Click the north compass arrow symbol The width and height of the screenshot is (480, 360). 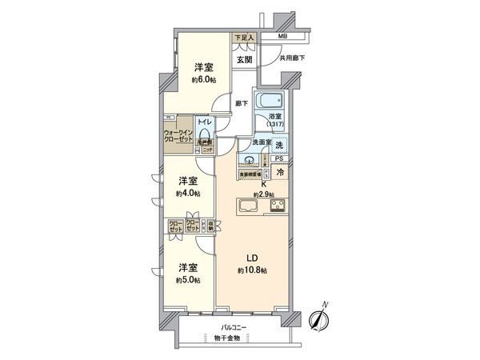point(320,318)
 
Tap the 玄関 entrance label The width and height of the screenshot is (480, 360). point(244,58)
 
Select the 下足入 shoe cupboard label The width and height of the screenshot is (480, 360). point(243,38)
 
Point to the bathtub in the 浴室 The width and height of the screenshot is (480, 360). point(270,103)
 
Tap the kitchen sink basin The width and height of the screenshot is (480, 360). point(247,206)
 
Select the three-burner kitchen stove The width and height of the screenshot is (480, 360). point(279,206)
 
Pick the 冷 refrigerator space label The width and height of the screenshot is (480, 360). point(281,172)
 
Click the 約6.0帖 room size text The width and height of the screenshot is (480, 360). point(202,80)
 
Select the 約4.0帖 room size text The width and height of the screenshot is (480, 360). point(190,194)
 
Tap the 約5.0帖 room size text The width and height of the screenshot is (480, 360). point(190,278)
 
